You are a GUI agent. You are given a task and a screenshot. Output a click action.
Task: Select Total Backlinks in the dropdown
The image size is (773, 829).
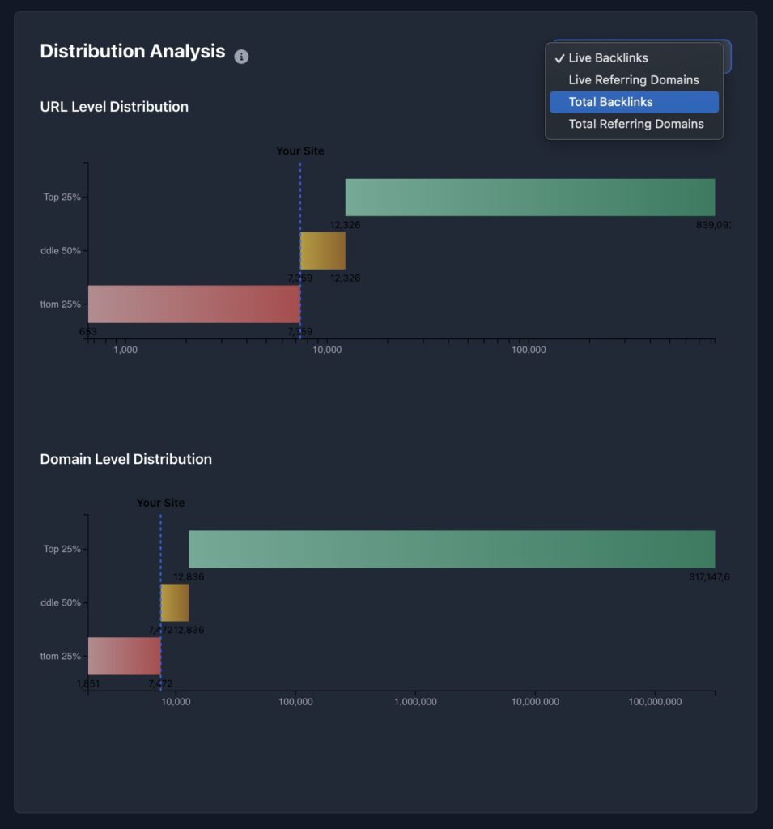[610, 102]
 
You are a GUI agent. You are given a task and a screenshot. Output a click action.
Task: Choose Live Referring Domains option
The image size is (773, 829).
[633, 80]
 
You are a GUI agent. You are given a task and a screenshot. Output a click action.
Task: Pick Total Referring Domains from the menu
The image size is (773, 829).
[635, 124]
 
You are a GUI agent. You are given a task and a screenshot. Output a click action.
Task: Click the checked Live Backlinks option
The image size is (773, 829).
[608, 58]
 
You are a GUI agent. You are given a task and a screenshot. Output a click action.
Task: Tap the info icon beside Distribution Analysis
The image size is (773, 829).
[241, 57]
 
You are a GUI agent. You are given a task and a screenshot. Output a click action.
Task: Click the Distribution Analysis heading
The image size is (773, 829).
[133, 51]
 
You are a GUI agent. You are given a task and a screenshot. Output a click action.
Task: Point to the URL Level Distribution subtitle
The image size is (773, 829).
[114, 107]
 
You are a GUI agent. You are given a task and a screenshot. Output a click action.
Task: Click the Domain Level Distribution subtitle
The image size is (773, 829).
[125, 459]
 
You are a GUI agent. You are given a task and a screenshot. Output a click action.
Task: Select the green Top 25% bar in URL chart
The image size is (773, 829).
[530, 198]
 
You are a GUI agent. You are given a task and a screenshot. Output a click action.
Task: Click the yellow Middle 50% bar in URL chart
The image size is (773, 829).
[323, 251]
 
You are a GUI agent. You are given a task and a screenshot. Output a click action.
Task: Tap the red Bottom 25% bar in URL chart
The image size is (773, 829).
[194, 304]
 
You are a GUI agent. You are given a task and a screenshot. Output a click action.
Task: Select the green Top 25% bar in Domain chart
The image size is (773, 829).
[452, 550]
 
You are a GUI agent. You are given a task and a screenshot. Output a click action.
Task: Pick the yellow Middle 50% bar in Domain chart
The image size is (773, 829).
[175, 602]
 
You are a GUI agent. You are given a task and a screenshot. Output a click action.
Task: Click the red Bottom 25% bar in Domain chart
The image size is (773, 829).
[125, 656]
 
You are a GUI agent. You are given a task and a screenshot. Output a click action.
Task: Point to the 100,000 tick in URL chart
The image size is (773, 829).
[529, 350]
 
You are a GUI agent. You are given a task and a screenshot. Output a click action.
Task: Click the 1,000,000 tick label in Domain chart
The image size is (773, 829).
[416, 702]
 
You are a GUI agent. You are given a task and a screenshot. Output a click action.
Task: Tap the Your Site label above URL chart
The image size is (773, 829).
[299, 151]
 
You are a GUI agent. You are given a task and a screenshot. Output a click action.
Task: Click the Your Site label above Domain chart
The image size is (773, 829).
[160, 503]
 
